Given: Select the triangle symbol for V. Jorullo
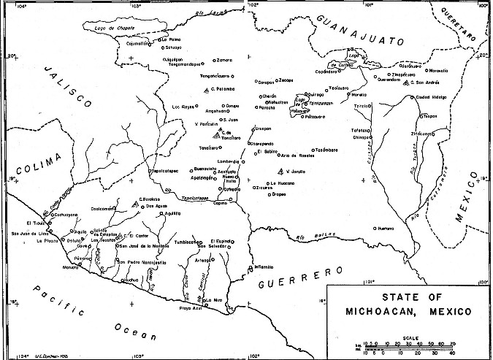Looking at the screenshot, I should (x=280, y=171).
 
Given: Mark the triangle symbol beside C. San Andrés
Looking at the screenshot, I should (x=406, y=85).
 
